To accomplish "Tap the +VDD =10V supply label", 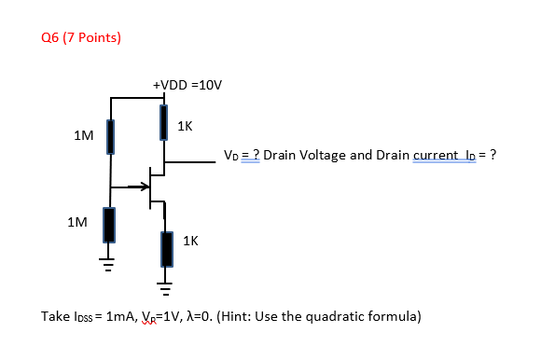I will [x=187, y=85].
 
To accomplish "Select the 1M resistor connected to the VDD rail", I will [x=110, y=136].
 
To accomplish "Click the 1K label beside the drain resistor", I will [x=185, y=125].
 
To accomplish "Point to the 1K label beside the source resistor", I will [x=190, y=241].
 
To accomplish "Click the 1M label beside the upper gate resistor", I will [x=83, y=136].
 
